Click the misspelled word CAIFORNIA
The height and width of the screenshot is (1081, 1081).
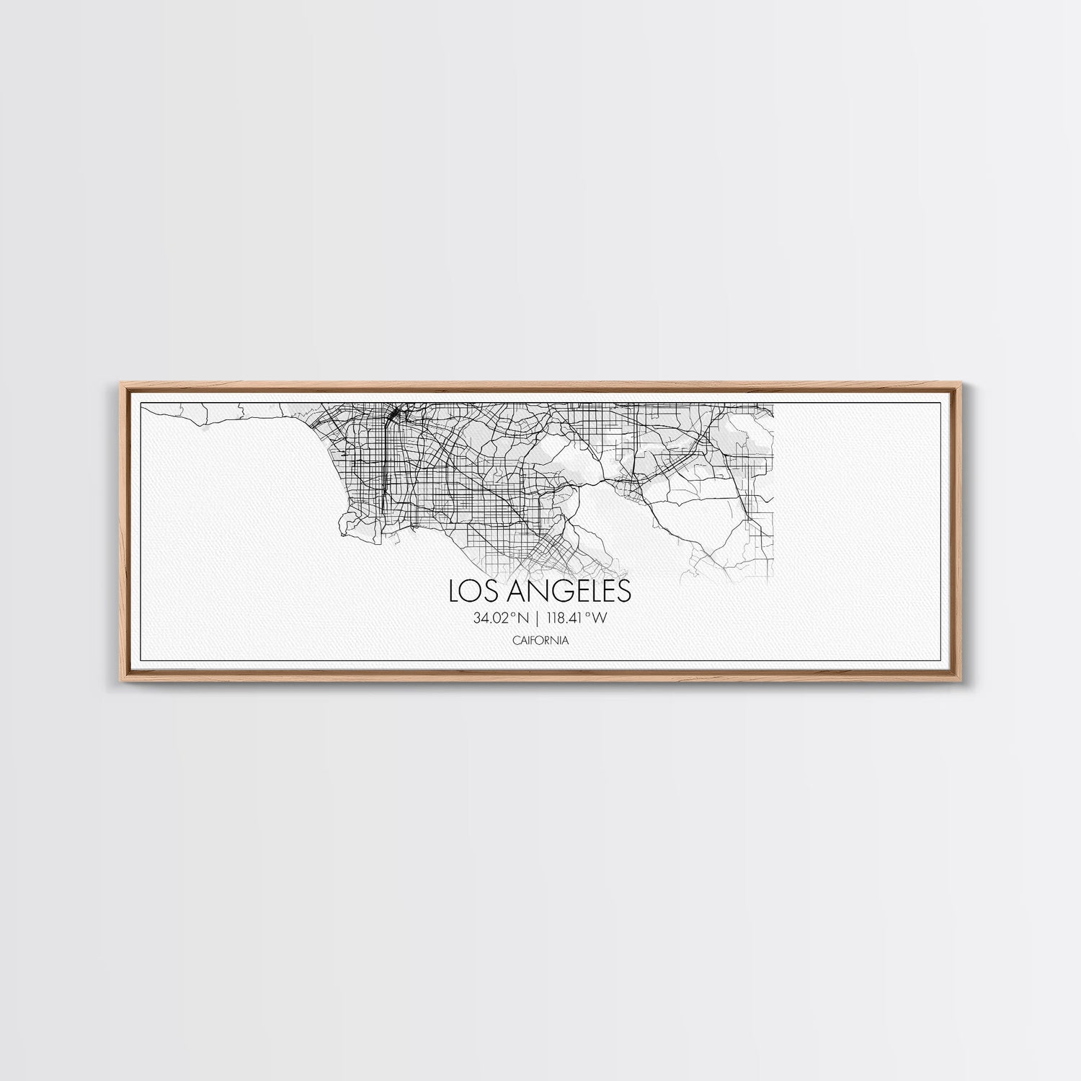coord(540,640)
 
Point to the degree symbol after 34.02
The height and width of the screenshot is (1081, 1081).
coord(513,615)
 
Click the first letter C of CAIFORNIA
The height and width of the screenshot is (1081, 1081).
coord(516,640)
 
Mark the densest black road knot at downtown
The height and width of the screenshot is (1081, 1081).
coord(395,416)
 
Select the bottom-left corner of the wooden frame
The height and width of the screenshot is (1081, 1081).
coord(115,682)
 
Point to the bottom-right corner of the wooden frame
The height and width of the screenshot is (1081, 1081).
coord(966,682)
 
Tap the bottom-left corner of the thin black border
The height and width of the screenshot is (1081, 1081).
coord(140,661)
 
